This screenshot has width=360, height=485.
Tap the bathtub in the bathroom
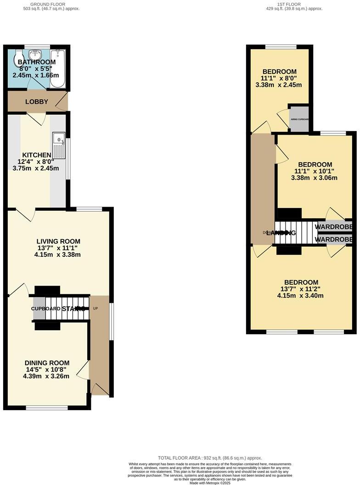[x=58, y=69]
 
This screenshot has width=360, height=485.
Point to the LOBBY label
[x=37, y=102]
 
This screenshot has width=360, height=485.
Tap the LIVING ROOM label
[x=59, y=241]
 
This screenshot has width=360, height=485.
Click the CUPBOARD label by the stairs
[x=46, y=309]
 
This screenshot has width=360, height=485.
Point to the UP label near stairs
[x=96, y=309]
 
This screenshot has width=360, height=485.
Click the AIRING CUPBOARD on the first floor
[x=299, y=119]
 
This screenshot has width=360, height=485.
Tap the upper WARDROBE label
[x=333, y=227]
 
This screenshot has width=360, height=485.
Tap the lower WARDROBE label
[x=333, y=239]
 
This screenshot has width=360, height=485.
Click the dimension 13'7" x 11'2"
[x=301, y=289]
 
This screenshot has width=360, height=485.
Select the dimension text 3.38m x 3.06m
[x=315, y=178]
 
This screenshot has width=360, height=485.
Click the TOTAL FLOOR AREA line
[x=210, y=458]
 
